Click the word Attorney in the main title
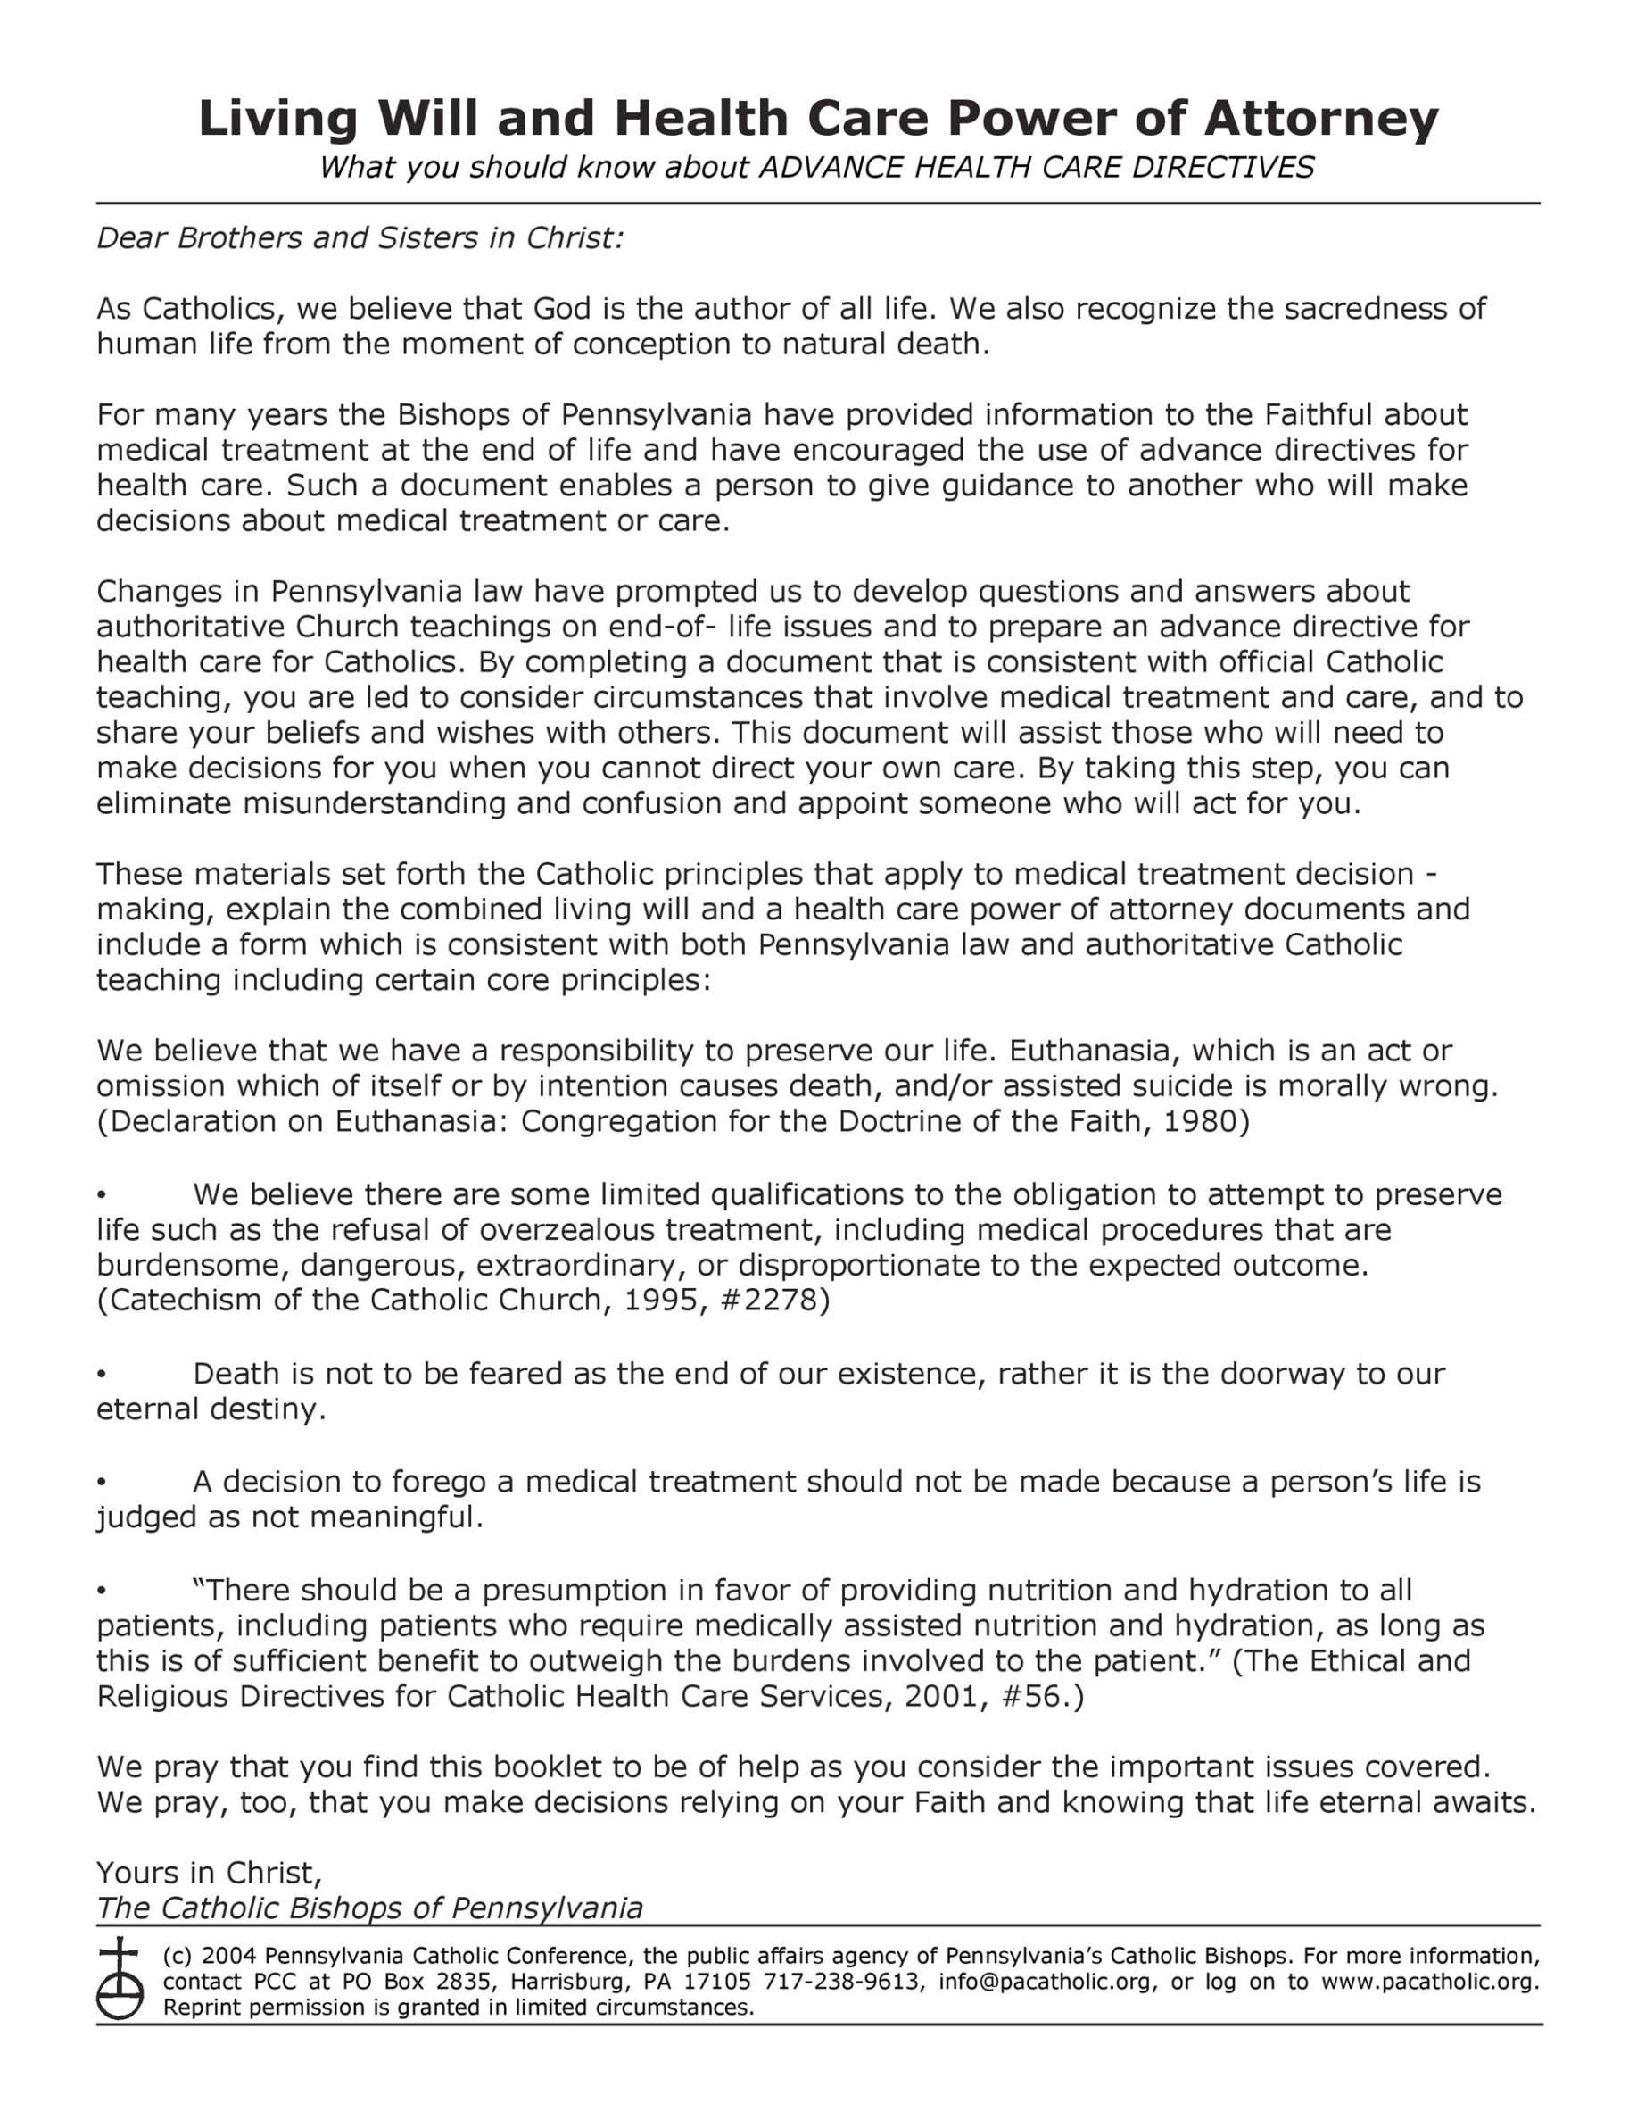pyautogui.click(x=1320, y=119)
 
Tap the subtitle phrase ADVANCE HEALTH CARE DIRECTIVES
pyautogui.click(x=1036, y=168)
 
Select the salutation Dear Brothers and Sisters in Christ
pyautogui.click(x=359, y=237)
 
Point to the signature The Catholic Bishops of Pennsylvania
pyautogui.click(x=368, y=1908)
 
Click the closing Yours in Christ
pyautogui.click(x=209, y=1872)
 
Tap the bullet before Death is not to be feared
pyautogui.click(x=101, y=1375)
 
